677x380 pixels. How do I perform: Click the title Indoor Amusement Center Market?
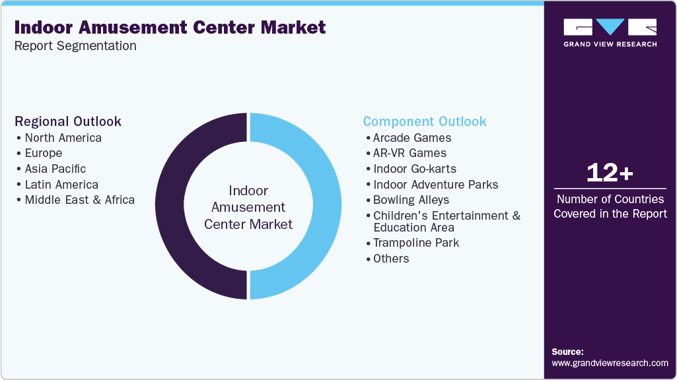tap(170, 28)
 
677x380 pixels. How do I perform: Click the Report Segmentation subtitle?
tap(75, 46)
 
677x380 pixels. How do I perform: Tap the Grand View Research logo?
tap(610, 32)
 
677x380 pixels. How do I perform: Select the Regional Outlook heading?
tap(68, 121)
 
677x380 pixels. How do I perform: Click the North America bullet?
tap(63, 138)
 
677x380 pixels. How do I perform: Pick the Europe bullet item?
tap(44, 153)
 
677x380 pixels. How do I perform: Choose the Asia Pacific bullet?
tap(55, 169)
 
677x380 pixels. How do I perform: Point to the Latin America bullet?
tap(61, 185)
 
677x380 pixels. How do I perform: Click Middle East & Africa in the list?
tap(79, 200)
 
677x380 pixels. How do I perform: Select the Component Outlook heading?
tap(425, 121)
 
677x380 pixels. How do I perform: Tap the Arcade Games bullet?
tap(412, 138)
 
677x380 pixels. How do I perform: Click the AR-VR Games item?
tap(410, 153)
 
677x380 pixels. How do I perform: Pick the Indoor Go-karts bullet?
tap(415, 169)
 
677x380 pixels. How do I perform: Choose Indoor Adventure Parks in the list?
tap(435, 185)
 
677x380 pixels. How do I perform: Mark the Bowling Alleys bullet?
tap(411, 200)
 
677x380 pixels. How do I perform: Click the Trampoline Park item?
tap(416, 243)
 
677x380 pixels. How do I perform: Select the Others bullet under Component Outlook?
tap(391, 259)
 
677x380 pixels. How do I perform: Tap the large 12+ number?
tap(610, 174)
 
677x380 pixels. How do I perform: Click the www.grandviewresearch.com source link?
tap(610, 363)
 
